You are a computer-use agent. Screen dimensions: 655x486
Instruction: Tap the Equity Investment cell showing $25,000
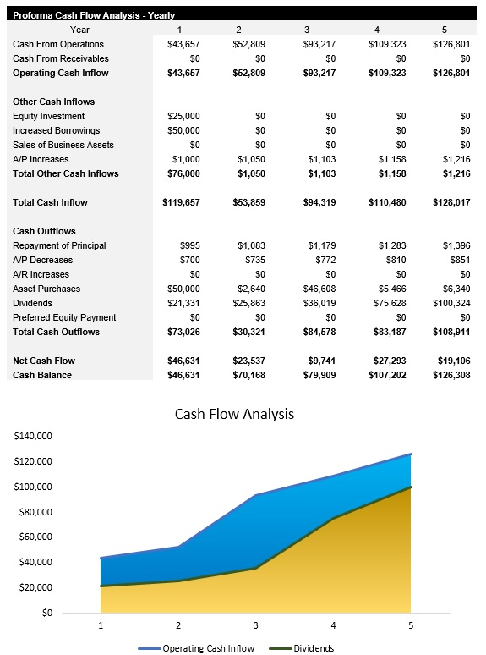pyautogui.click(x=183, y=116)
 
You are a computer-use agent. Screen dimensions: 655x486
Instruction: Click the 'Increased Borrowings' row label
pyautogui.click(x=57, y=130)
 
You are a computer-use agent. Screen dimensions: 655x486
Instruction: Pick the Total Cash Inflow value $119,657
pyautogui.click(x=181, y=202)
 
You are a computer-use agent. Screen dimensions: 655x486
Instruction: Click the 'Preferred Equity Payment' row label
pyautogui.click(x=65, y=317)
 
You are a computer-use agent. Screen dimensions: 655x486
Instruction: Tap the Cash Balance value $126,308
pyautogui.click(x=451, y=375)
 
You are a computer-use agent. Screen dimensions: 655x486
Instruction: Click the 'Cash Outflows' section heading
pyautogui.click(x=45, y=231)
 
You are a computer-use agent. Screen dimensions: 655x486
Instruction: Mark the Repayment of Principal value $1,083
pyautogui.click(x=251, y=245)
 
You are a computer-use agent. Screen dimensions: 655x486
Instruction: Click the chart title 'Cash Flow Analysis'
pyautogui.click(x=234, y=414)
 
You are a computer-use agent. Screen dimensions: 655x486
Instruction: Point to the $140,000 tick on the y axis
pyautogui.click(x=33, y=436)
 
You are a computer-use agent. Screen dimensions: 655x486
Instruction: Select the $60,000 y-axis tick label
pyautogui.click(x=35, y=537)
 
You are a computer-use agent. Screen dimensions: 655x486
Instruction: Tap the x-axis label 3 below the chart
pyautogui.click(x=255, y=625)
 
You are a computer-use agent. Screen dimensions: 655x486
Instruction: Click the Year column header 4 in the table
pyautogui.click(x=377, y=30)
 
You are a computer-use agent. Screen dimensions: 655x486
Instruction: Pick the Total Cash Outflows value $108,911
pyautogui.click(x=451, y=332)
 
